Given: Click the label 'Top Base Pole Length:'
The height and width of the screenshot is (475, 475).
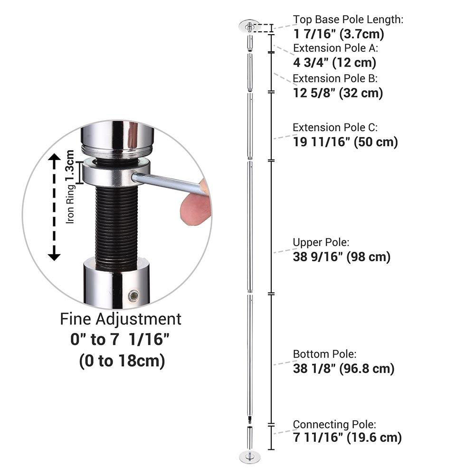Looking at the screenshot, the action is pyautogui.click(x=348, y=19).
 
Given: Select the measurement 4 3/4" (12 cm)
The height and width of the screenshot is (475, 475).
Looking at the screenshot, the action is pyautogui.click(x=335, y=63).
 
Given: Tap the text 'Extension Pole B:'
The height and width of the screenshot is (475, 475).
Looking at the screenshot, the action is pyautogui.click(x=335, y=78).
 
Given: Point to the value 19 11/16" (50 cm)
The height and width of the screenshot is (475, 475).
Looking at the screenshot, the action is pyautogui.click(x=345, y=142).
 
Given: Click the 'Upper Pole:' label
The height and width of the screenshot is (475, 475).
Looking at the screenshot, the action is pyautogui.click(x=321, y=242).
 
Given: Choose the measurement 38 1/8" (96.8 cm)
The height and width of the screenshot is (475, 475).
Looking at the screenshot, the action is pyautogui.click(x=343, y=369).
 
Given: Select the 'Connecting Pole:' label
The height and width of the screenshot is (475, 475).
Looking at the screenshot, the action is pyautogui.click(x=334, y=424).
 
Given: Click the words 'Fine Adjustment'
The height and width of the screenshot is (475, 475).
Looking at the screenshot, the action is pyautogui.click(x=121, y=319).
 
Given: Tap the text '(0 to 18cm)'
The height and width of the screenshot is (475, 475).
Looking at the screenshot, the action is pyautogui.click(x=122, y=361).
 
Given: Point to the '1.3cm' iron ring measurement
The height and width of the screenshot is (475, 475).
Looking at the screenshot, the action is pyautogui.click(x=70, y=166).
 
